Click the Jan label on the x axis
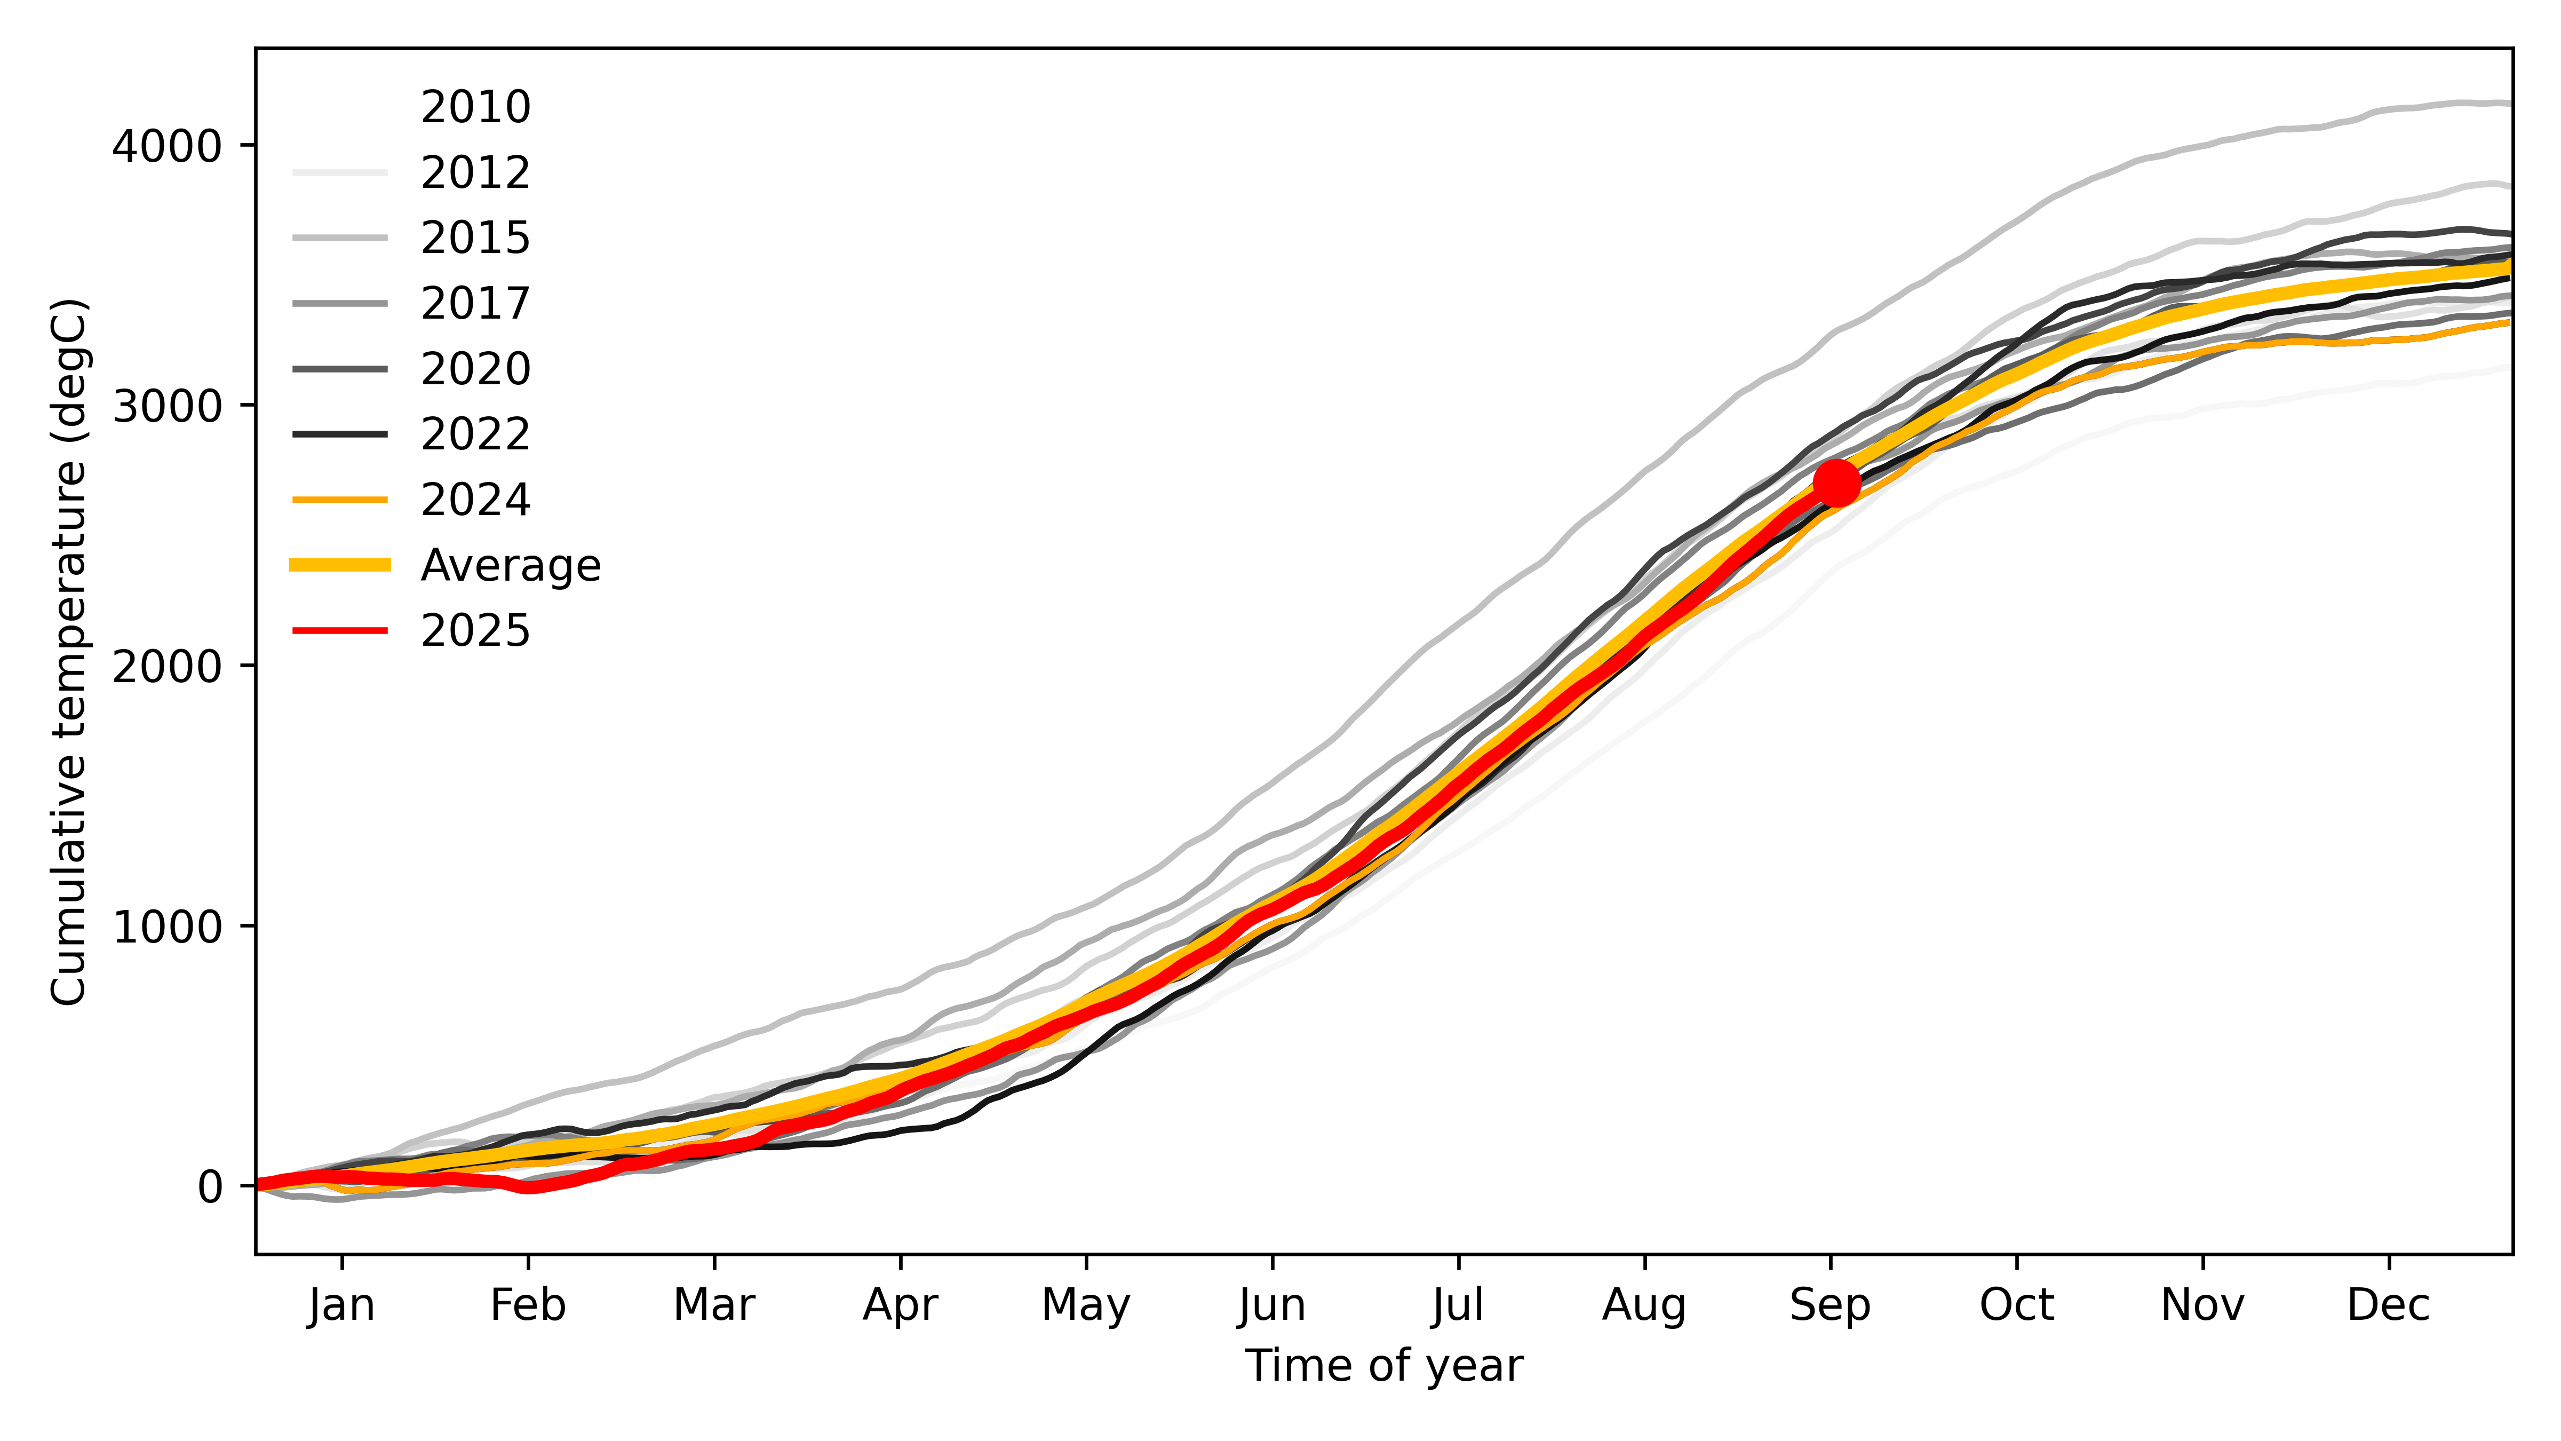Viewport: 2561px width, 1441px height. click(342, 1305)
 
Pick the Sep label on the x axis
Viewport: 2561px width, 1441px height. click(1830, 1305)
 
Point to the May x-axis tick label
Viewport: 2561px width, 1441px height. click(1086, 1305)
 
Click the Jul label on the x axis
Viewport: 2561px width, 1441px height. click(1459, 1305)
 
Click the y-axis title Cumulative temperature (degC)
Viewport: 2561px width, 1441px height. click(69, 651)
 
